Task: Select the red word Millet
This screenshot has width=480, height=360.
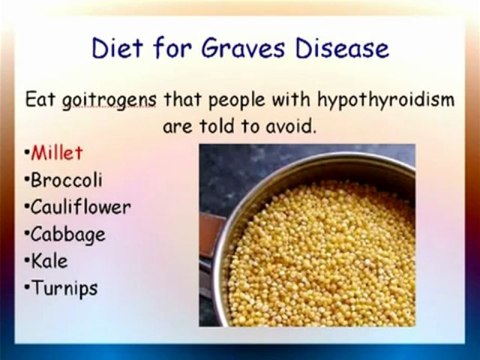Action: [57, 154]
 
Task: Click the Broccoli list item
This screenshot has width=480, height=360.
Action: [66, 181]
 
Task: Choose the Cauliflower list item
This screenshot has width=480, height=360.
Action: [80, 208]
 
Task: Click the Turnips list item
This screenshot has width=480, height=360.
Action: [63, 289]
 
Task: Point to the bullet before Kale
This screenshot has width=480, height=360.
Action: [25, 263]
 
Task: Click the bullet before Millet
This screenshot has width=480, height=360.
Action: [25, 155]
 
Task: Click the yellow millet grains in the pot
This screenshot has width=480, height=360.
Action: [320, 250]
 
